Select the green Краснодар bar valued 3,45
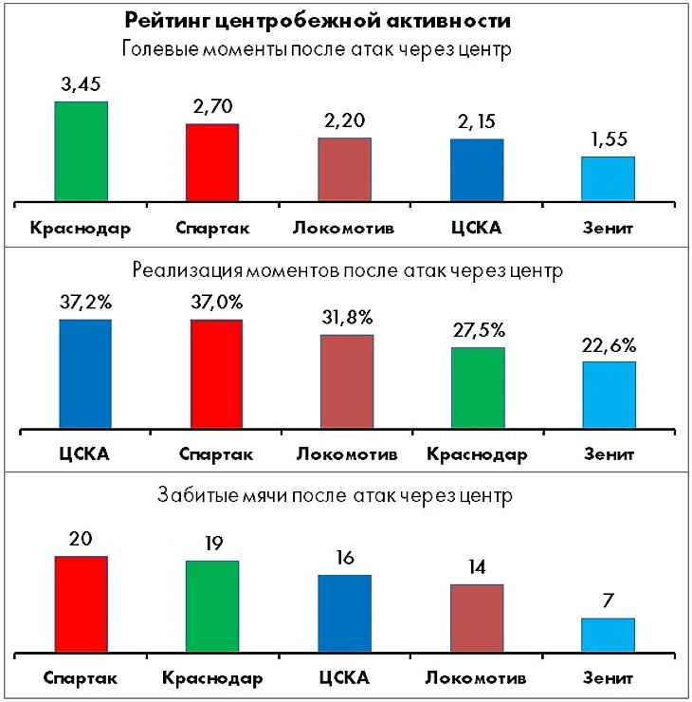tap(81, 152)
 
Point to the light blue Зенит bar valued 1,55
tap(608, 178)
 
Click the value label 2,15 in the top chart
tap(476, 122)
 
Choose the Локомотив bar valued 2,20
tap(344, 169)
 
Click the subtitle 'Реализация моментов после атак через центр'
tap(349, 270)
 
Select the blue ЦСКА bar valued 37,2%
tap(85, 374)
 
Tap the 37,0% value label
tap(217, 304)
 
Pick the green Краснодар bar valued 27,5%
tap(477, 387)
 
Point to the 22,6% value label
tap(609, 345)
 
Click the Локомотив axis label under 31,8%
tap(344, 453)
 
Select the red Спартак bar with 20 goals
tap(81, 605)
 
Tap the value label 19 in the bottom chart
tap(212, 545)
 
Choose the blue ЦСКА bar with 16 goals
tap(344, 615)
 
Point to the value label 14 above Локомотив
tap(476, 568)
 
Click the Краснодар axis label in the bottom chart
tap(211, 678)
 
